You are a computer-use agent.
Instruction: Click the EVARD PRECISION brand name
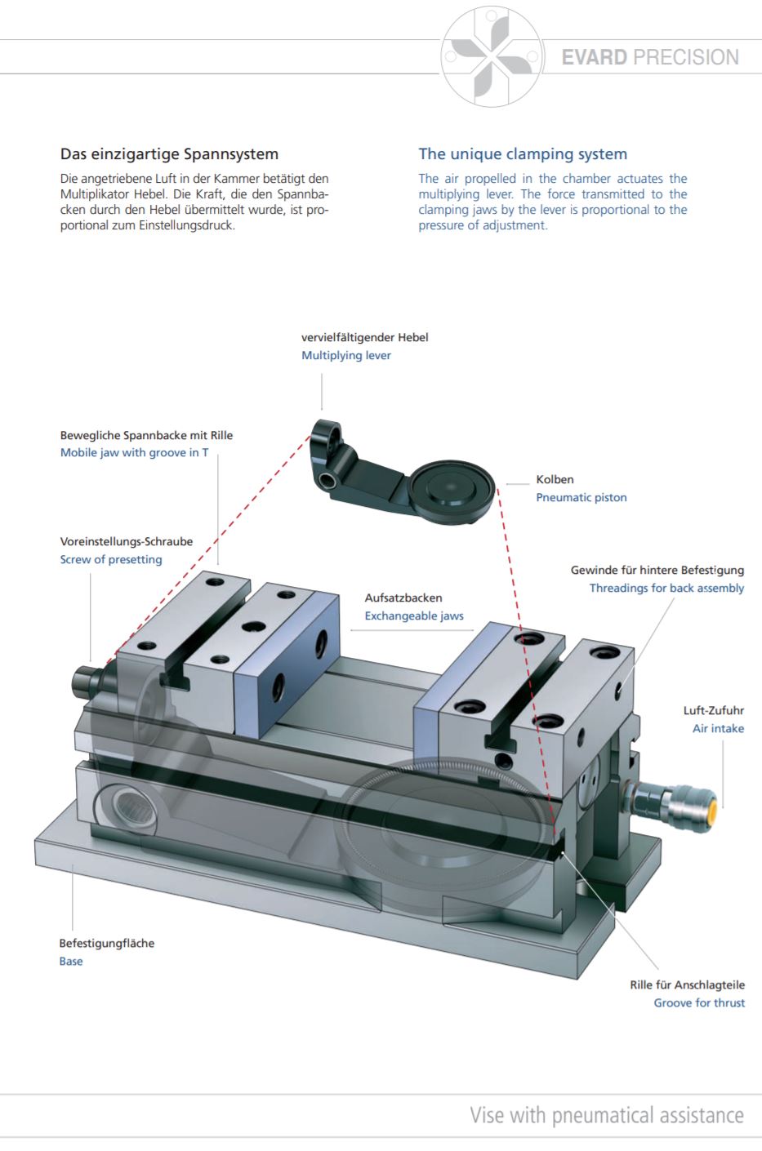650,57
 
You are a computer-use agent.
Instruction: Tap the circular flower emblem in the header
492,56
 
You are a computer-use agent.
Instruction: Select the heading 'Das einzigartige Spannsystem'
169,153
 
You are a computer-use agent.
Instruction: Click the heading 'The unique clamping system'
523,153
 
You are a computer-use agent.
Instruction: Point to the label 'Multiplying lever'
346,355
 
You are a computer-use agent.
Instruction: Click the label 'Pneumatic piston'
581,497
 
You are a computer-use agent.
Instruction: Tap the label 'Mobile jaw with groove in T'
134,452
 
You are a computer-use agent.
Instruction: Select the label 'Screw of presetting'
111,559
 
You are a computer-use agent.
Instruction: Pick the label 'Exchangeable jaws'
414,615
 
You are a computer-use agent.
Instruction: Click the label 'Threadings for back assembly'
666,588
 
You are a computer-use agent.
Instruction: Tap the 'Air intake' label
718,728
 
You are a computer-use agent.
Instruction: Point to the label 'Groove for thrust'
699,1002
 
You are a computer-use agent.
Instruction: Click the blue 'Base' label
71,961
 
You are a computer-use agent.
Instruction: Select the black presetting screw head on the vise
83,681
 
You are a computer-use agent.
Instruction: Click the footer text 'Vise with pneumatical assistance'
607,1115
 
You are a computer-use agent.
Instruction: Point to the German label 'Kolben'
555,479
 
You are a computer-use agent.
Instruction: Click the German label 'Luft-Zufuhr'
714,710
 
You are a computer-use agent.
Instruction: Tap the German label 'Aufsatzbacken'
403,598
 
